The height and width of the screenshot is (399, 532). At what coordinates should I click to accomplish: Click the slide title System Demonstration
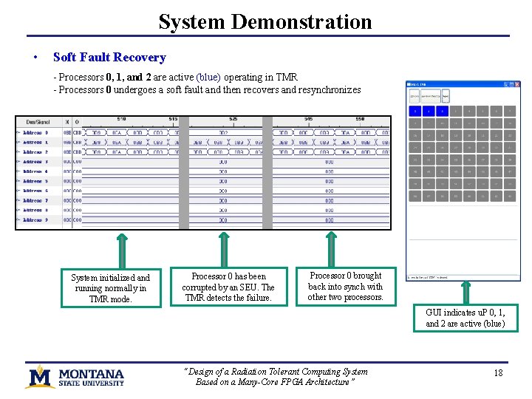[265, 21]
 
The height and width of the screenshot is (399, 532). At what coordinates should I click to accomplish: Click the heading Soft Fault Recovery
[109, 57]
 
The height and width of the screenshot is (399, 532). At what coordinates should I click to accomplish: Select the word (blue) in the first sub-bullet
[208, 77]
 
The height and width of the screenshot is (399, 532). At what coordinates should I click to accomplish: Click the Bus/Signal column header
[38, 121]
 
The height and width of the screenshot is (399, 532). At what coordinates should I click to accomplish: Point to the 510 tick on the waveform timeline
[121, 119]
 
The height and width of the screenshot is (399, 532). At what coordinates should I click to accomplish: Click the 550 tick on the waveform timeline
[360, 119]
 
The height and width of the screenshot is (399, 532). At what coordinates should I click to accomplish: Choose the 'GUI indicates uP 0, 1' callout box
[465, 318]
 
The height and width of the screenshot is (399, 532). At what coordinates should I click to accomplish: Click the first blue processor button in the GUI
[415, 111]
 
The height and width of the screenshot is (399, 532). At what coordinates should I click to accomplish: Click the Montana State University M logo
[39, 375]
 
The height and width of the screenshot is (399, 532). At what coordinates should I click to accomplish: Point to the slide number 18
[498, 373]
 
